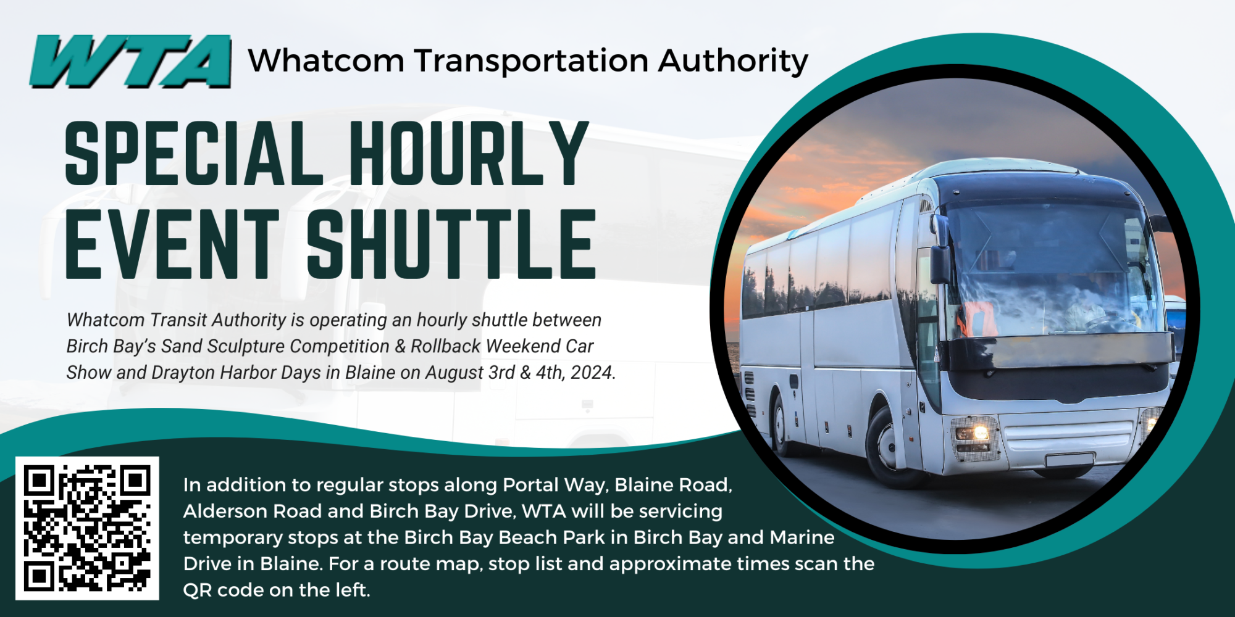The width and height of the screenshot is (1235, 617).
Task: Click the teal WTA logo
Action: [x=130, y=61]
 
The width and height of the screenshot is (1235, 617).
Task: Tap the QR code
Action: [x=87, y=528]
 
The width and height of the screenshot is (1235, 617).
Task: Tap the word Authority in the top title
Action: [x=733, y=62]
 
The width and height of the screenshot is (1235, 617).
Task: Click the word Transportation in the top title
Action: [x=531, y=62]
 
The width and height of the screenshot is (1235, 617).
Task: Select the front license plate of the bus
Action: [x=1070, y=460]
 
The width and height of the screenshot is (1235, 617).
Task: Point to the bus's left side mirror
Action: [x=940, y=253]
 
